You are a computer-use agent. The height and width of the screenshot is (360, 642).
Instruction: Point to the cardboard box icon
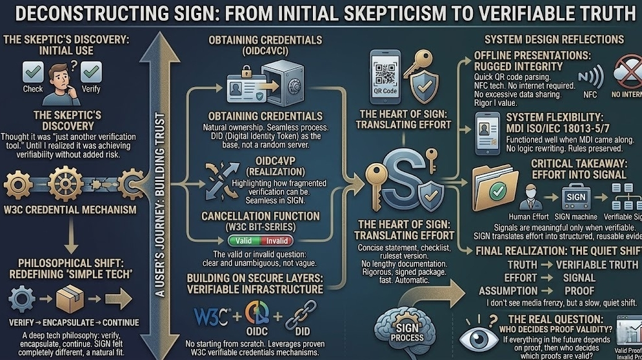point(70,300)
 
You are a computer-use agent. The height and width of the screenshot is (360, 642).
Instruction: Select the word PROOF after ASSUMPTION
point(579,290)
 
